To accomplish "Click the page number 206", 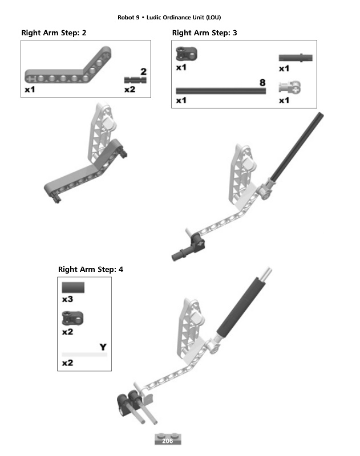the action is click(167, 441).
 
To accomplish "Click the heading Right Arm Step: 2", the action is click(54, 32).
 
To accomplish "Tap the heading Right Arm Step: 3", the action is click(205, 32).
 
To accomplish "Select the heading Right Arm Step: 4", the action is click(91, 269).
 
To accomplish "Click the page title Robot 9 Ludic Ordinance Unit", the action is click(169, 18).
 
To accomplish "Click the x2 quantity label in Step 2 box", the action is click(130, 89).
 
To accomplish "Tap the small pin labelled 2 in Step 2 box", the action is click(135, 80).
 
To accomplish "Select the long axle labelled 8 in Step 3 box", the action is click(221, 91).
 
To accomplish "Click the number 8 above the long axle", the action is click(262, 83).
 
